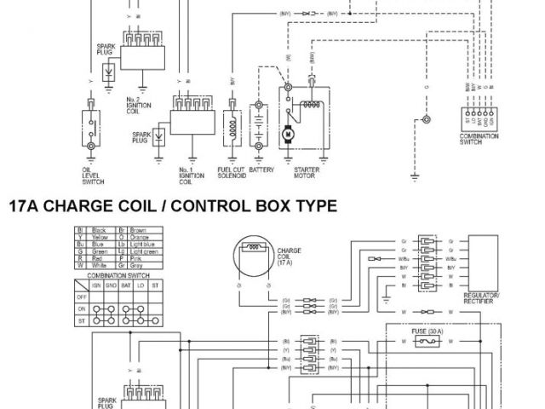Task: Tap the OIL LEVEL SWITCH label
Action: click(90, 175)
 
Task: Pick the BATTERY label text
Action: click(261, 170)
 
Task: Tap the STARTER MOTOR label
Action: click(306, 172)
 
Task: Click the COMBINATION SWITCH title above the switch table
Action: click(109, 275)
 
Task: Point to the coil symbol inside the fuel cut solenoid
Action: click(231, 124)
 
